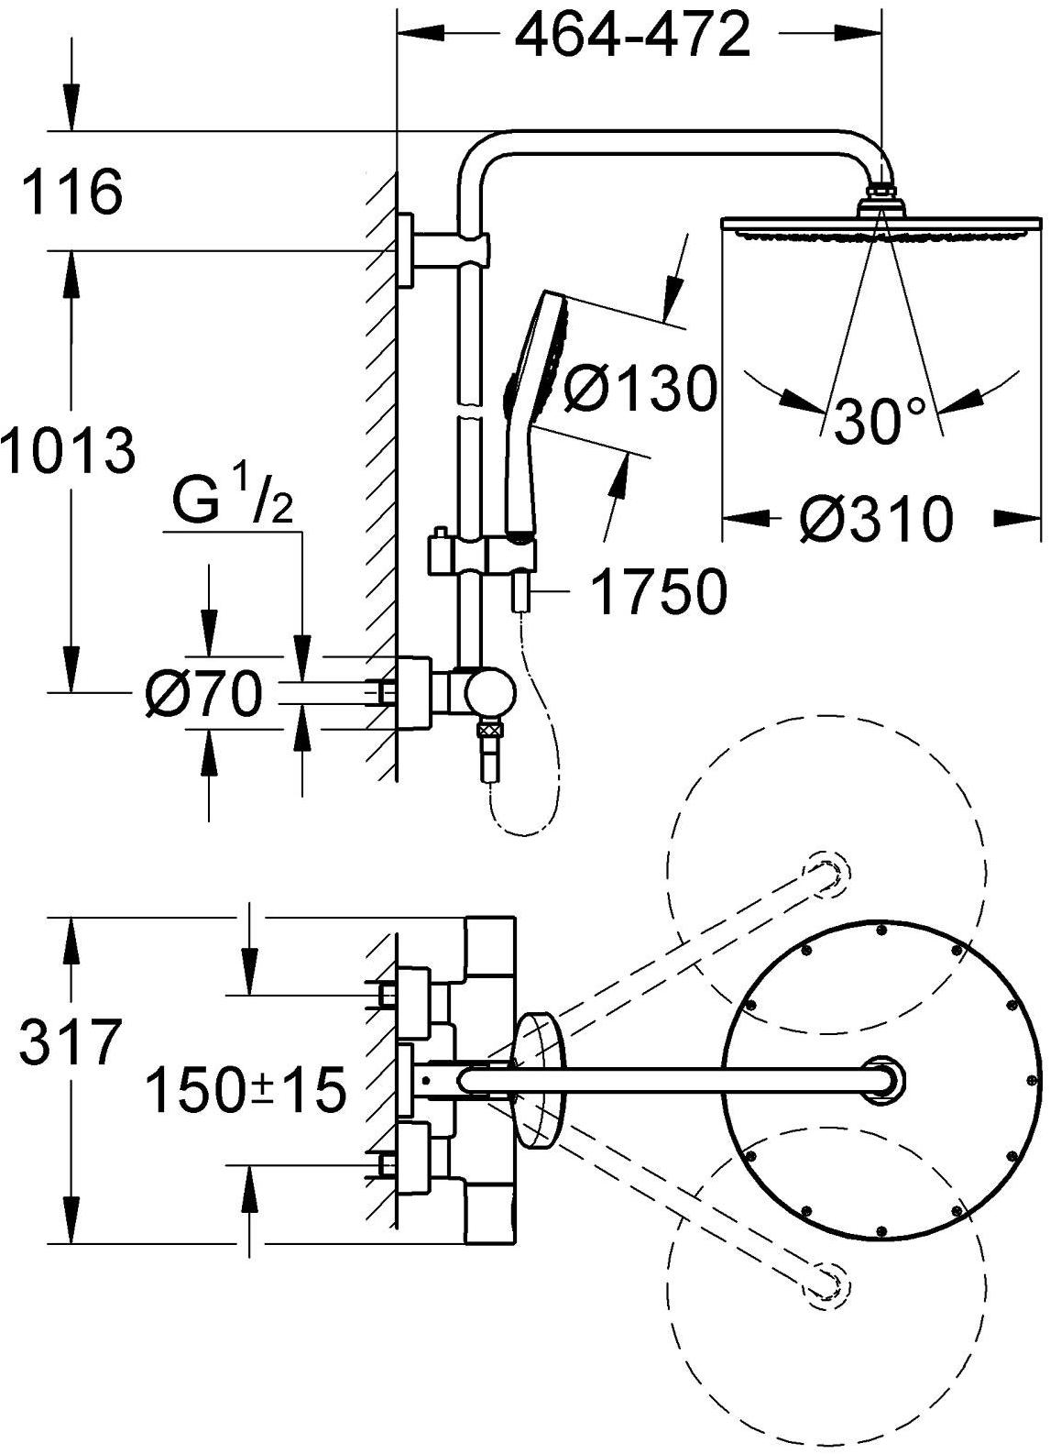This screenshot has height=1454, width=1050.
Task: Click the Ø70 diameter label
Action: (x=203, y=694)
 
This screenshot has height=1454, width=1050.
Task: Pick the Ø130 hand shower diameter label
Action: (x=639, y=389)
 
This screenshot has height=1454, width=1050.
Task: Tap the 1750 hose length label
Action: (x=659, y=592)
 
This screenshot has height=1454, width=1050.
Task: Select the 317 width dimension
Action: (x=71, y=1043)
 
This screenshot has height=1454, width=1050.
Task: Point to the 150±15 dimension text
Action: (x=246, y=1090)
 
